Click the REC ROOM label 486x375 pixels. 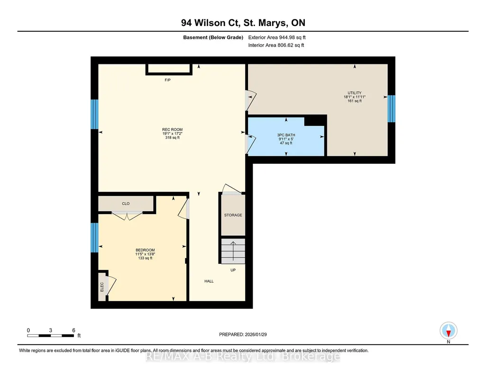(x=172, y=130)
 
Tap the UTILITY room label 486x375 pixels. (x=354, y=93)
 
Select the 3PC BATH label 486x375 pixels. (x=286, y=135)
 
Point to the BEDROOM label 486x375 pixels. (x=145, y=250)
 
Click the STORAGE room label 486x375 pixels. (x=233, y=215)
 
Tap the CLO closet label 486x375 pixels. (x=126, y=204)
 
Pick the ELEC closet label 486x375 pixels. (x=102, y=287)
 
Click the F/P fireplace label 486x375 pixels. (x=167, y=80)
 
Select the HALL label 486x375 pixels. (x=209, y=281)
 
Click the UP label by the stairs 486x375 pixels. (x=233, y=270)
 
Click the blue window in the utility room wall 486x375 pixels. (x=392, y=108)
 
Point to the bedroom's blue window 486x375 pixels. (x=94, y=238)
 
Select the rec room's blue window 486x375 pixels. (x=94, y=114)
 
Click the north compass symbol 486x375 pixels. (x=449, y=331)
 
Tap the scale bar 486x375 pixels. (x=51, y=336)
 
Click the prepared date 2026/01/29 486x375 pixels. (x=256, y=334)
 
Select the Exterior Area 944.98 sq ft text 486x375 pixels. (x=277, y=37)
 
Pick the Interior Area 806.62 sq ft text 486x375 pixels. (x=276, y=45)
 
